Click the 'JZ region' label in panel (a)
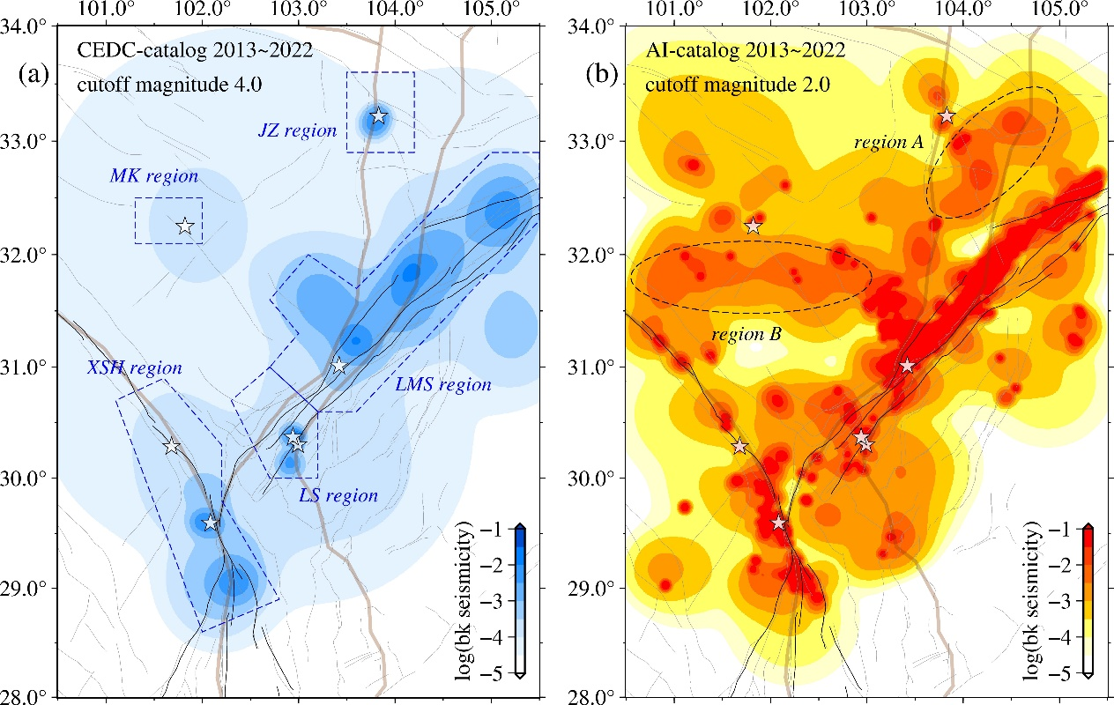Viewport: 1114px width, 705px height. [297, 130]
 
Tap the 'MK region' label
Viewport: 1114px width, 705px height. [153, 176]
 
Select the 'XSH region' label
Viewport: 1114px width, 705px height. [134, 367]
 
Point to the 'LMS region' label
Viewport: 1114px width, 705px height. [443, 384]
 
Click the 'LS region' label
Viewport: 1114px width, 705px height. [338, 495]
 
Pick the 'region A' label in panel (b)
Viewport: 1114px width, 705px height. [888, 143]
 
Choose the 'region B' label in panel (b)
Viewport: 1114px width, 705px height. [746, 334]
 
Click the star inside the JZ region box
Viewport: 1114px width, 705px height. [378, 115]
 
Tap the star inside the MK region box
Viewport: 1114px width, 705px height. [185, 226]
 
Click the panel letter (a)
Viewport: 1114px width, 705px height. [33, 74]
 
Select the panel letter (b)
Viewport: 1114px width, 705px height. [602, 74]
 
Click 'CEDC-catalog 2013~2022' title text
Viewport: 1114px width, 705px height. [195, 50]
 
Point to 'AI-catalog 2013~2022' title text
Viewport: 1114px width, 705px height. [746, 50]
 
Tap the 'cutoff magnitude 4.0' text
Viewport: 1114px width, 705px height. [169, 85]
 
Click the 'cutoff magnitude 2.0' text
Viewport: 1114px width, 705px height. [738, 85]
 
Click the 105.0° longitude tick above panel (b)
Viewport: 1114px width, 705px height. [1058, 8]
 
